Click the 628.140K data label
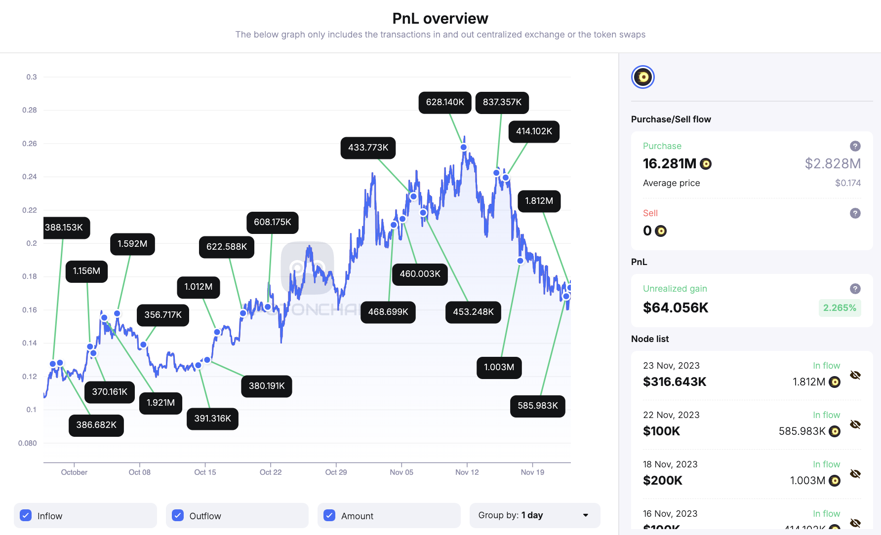tap(445, 102)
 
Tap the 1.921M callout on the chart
tap(160, 403)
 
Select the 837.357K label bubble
tap(502, 102)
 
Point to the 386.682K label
tap(96, 425)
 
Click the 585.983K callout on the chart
tap(537, 406)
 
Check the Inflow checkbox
tap(26, 515)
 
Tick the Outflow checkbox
tap(178, 515)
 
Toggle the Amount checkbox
tap(329, 515)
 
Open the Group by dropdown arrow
tap(586, 515)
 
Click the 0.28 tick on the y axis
tap(30, 110)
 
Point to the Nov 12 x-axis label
tap(467, 472)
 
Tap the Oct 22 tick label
tap(271, 472)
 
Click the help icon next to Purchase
tap(855, 146)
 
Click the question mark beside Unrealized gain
tap(855, 289)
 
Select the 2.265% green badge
tap(840, 308)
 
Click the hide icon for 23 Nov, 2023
tap(855, 375)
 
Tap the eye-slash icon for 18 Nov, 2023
tap(855, 474)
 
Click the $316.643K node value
tap(675, 382)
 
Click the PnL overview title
tap(440, 19)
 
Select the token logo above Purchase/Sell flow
tap(643, 77)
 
